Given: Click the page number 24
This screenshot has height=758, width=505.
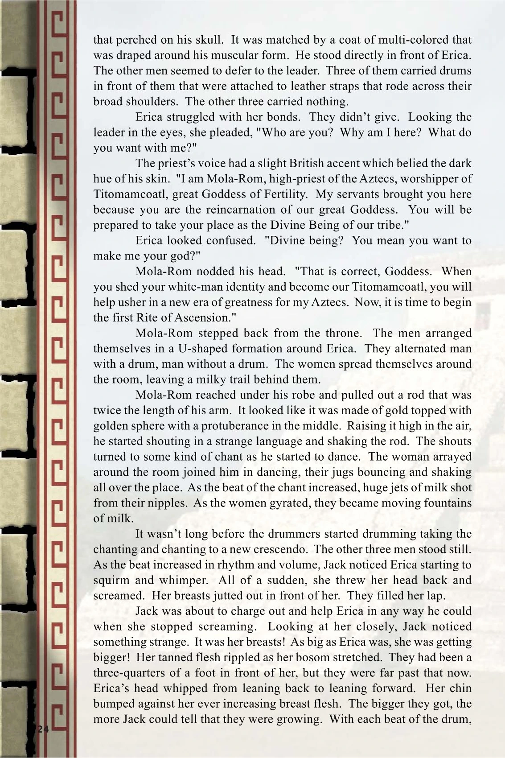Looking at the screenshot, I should (43, 729).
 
